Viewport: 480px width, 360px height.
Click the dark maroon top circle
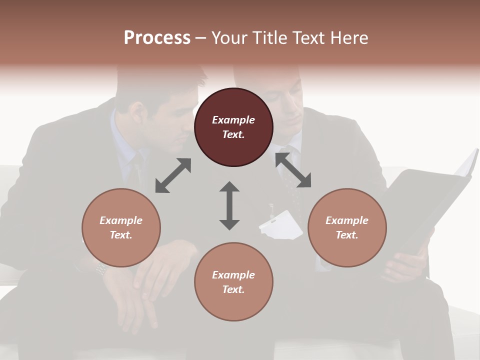coord(233,127)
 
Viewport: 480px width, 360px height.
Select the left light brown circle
coord(121,227)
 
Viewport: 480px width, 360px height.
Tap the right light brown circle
coord(347,227)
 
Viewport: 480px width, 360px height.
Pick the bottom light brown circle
coord(233,282)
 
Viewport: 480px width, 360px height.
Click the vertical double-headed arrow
coord(229,205)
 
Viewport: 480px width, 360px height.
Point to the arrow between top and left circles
coord(173,175)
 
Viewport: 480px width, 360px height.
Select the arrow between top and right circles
coord(293,170)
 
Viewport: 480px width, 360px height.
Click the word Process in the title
coord(157,38)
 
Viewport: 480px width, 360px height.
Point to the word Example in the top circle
coord(233,120)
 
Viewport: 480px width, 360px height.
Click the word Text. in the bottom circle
coord(233,289)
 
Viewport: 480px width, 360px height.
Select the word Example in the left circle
coord(121,220)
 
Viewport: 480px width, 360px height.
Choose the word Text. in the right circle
coord(347,235)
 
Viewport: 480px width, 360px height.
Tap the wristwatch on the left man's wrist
coord(101,268)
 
